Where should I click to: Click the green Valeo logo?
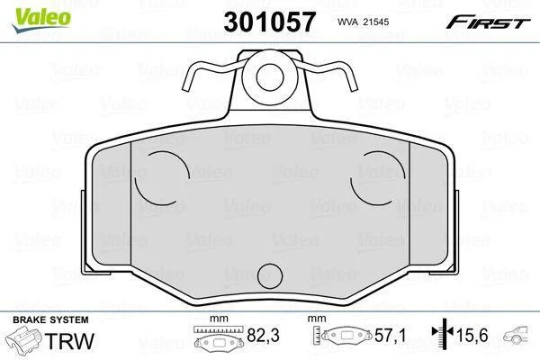tap(41, 19)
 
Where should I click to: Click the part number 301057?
tap(269, 22)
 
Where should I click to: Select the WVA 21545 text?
tap(363, 22)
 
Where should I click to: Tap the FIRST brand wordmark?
tap(488, 22)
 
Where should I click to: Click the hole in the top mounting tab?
tap(270, 77)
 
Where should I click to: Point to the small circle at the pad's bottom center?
tap(270, 276)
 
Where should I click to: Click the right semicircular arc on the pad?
tap(377, 177)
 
